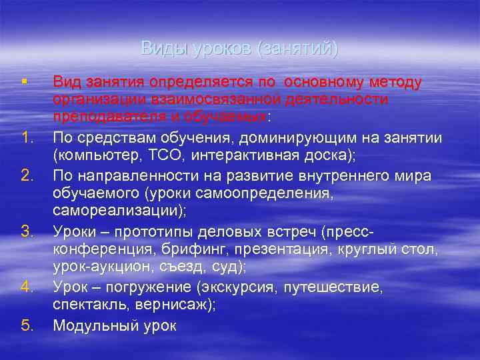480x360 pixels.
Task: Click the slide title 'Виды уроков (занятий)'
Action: point(239,49)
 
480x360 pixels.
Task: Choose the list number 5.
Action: point(27,326)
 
